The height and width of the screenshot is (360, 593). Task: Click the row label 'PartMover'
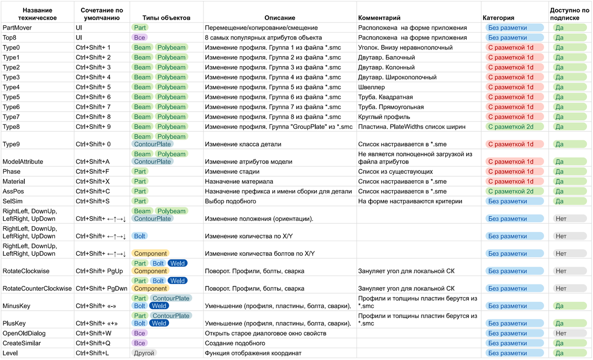[x=17, y=28]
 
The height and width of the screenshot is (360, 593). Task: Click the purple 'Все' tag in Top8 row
[x=140, y=38]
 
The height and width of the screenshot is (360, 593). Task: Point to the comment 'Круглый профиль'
[x=384, y=117]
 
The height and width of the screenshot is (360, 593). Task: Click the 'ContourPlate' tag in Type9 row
[x=152, y=144]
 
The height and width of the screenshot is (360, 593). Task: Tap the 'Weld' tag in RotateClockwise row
[x=177, y=263]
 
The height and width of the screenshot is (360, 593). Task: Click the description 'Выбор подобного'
[x=230, y=201]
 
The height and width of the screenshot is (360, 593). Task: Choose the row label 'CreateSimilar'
[x=22, y=343]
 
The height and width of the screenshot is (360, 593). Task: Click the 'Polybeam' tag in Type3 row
[x=171, y=77]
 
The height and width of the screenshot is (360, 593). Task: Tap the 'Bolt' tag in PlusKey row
[x=139, y=323]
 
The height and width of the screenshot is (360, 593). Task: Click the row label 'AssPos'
[x=13, y=191]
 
